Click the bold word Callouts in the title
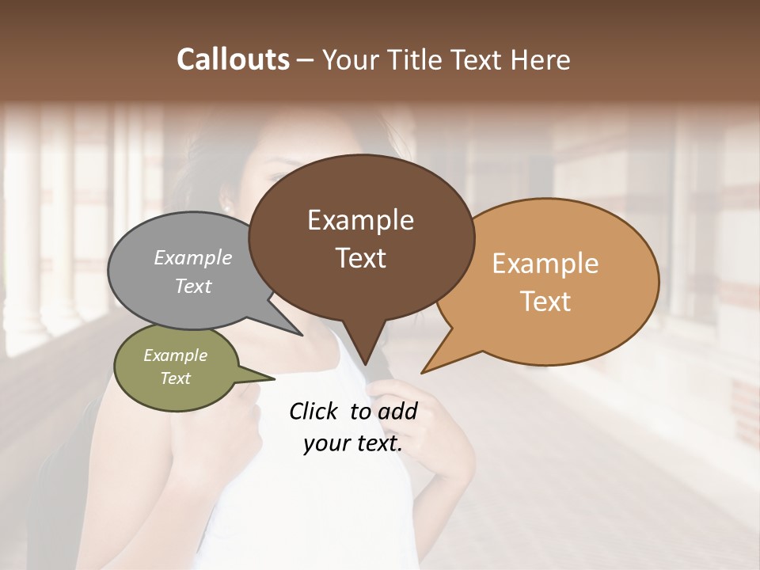233,59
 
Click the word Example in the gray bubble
193,257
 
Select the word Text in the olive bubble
175,378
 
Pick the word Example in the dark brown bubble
360,220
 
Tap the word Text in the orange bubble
546,302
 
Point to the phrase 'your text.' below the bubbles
353,443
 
